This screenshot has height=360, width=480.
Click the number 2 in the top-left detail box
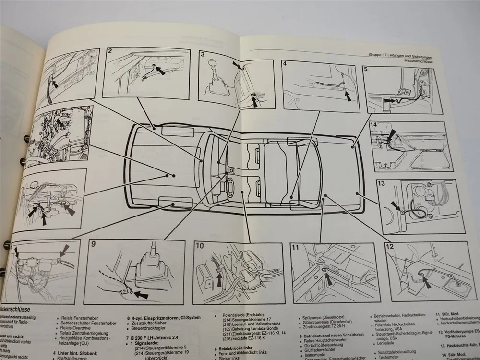tap(110, 51)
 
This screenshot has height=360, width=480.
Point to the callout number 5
tap(366, 69)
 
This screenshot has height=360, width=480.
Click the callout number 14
tap(373, 125)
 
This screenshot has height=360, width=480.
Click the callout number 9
tap(94, 244)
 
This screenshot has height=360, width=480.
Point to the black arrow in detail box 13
tap(396, 205)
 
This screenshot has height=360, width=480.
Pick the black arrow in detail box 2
tap(159, 71)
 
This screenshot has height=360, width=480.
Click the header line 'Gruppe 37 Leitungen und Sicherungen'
tap(408, 55)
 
